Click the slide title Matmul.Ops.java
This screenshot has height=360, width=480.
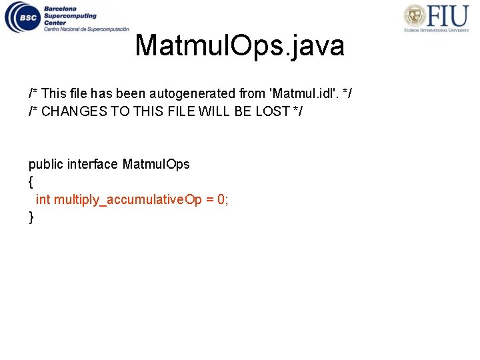[x=239, y=46]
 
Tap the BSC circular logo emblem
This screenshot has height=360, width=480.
[x=22, y=17]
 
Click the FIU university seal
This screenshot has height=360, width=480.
[x=415, y=16]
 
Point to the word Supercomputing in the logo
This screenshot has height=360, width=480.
[x=70, y=16]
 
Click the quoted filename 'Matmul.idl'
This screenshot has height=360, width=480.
[x=303, y=93]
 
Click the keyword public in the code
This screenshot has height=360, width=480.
[x=46, y=164]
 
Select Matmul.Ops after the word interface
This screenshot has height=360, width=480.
[x=156, y=164]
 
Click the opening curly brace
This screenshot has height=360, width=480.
[x=31, y=182]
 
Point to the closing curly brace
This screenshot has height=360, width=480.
[x=31, y=217]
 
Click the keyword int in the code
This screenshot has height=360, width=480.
[x=43, y=199]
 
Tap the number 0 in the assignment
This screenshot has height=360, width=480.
[x=222, y=199]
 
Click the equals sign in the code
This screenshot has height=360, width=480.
[x=209, y=199]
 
